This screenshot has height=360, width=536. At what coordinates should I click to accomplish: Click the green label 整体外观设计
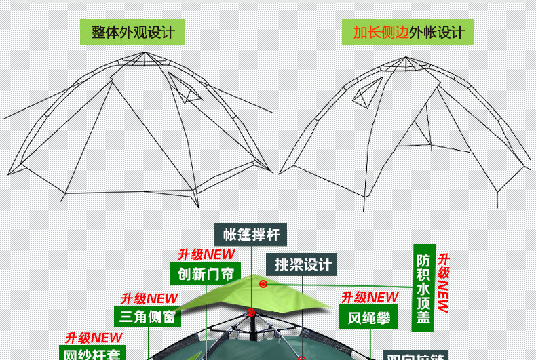tap(132, 32)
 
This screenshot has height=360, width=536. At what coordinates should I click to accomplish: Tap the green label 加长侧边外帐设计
tap(408, 32)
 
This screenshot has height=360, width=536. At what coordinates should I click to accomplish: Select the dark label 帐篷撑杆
tap(251, 235)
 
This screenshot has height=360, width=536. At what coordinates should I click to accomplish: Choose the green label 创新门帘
tap(205, 274)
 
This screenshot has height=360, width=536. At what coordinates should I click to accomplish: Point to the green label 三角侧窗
tap(147, 317)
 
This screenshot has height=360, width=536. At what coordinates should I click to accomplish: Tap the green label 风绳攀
tap(368, 317)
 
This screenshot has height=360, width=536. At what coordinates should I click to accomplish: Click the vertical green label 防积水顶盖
tap(423, 288)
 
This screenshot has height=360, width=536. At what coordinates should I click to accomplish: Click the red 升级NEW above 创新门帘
tap(206, 255)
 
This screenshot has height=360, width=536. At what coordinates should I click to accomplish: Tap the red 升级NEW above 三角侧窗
tap(149, 298)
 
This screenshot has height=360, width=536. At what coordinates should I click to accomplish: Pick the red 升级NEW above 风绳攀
tap(369, 298)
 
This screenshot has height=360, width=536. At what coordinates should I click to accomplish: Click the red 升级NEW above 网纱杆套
tap(94, 338)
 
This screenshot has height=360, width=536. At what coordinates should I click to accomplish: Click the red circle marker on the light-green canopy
tap(263, 284)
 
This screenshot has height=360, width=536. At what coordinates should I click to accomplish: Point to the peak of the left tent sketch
tap(145, 53)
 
